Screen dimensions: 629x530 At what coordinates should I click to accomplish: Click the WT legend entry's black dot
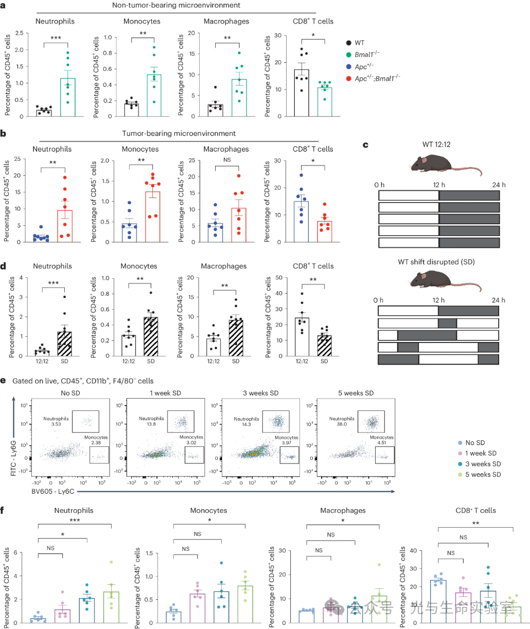point(349,43)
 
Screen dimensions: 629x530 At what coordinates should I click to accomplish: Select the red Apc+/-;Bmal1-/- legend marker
point(349,79)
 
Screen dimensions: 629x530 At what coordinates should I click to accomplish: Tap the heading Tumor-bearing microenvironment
point(179,133)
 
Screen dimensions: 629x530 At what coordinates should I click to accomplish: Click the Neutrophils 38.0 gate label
point(342,421)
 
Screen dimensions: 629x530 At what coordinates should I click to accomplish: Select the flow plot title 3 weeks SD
point(261,393)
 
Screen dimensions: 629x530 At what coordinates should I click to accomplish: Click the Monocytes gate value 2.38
point(96,442)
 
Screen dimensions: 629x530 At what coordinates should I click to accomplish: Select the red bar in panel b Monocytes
point(152,216)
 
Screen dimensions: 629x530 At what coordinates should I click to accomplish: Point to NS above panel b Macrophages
point(227,160)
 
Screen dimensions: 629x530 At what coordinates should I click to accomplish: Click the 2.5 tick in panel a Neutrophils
point(19,33)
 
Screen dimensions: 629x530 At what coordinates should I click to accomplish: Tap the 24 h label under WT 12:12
point(499,185)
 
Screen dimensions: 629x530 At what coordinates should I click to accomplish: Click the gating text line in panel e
point(90,381)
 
